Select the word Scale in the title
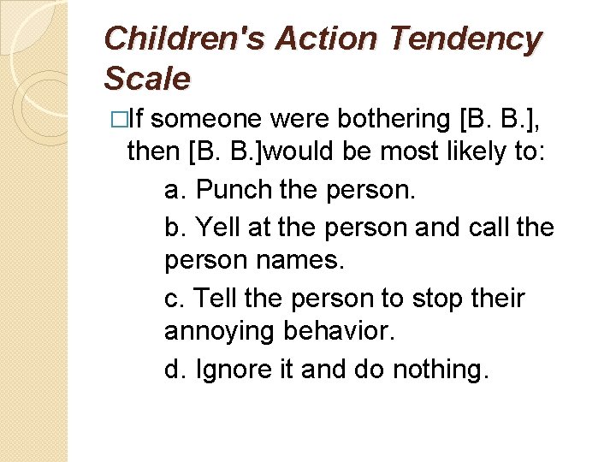146,79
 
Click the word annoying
221,330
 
